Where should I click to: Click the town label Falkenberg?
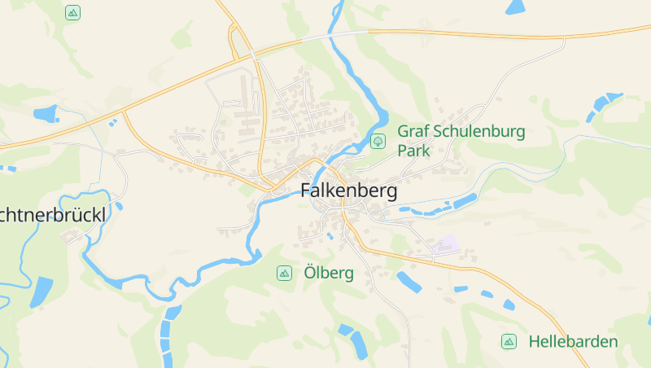348,191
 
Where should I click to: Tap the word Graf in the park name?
411,131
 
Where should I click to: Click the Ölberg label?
329,273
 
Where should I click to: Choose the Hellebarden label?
573,341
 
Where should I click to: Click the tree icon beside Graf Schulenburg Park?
378,141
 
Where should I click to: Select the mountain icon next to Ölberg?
284,273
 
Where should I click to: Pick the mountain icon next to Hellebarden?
509,341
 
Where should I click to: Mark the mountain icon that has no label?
72,12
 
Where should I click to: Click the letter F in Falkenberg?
306,191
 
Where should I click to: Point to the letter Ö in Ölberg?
310,272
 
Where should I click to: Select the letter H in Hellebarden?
534,341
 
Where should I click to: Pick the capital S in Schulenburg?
435,131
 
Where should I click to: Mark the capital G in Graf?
403,131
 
